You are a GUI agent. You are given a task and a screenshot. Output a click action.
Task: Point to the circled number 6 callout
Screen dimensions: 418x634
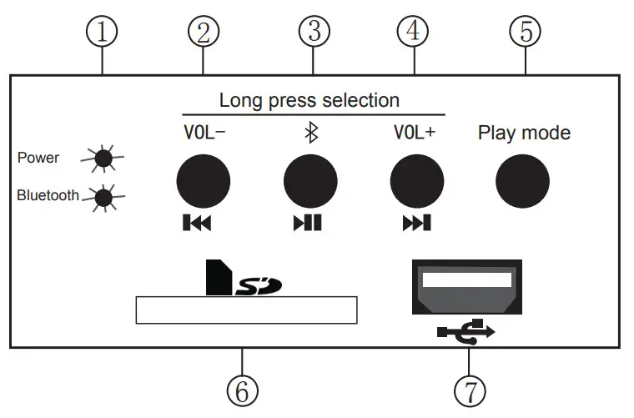coord(242,390)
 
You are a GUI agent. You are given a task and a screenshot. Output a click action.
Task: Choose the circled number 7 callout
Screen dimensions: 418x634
coord(469,390)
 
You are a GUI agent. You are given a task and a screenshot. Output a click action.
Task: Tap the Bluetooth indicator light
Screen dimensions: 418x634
coord(103,197)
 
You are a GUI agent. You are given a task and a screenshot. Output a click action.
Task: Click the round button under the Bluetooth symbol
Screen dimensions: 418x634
coord(310,179)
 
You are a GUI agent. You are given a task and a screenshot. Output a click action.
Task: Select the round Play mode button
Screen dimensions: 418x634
coord(523,179)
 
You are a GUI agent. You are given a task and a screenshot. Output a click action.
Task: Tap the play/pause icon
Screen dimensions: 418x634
coord(307,223)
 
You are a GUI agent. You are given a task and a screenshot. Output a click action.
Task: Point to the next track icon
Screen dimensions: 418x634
coord(416,223)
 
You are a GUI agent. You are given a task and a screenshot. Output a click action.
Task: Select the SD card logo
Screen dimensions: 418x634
coord(243,280)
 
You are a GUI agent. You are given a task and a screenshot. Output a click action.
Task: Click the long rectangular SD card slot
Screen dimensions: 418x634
coord(245,310)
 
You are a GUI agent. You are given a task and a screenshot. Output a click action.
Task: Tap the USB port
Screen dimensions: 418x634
coord(466,286)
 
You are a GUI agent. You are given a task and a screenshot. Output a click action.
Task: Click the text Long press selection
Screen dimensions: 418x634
coord(309,101)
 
